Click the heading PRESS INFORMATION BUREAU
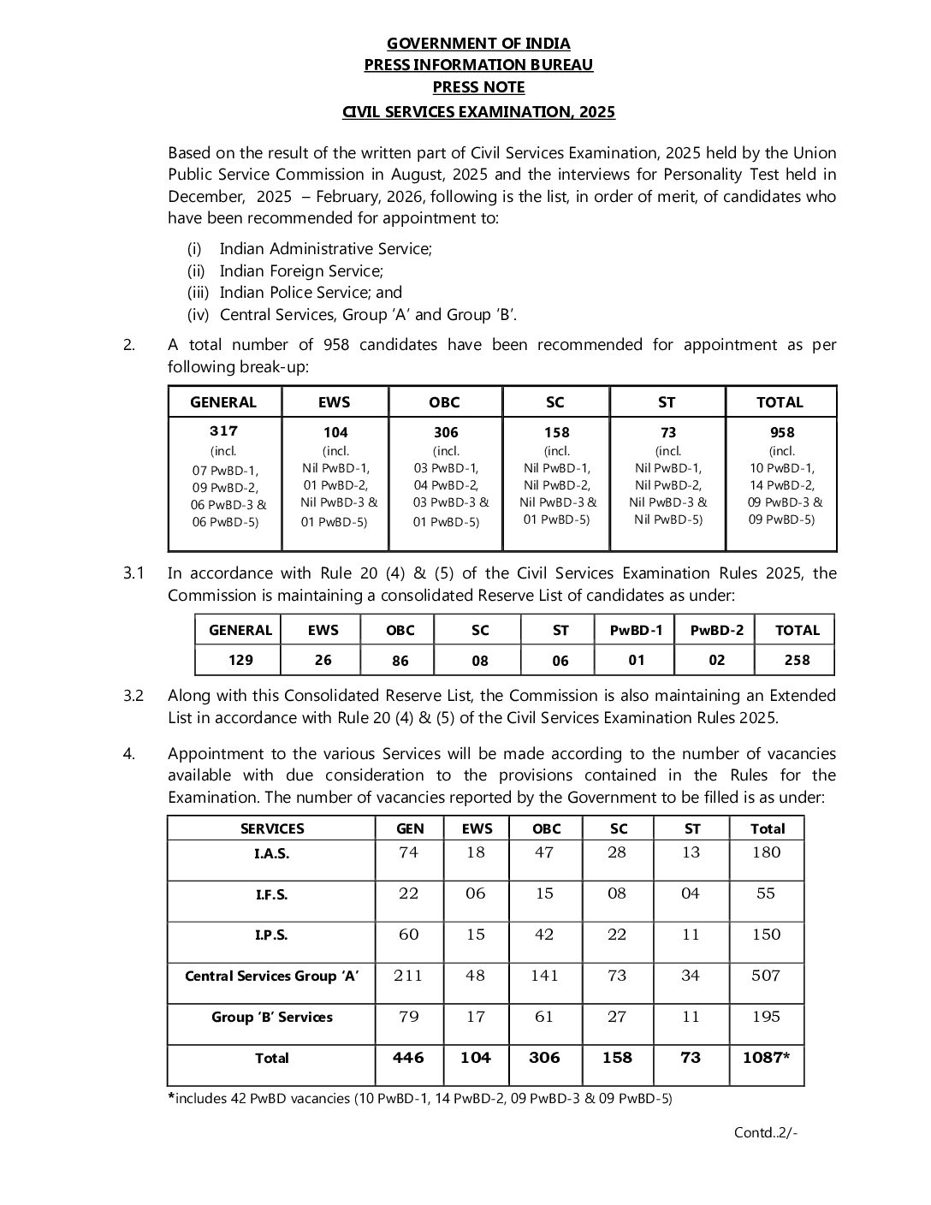pyautogui.click(x=478, y=65)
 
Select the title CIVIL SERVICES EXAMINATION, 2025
pyautogui.click(x=478, y=112)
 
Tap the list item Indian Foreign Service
pyautogui.click(x=300, y=270)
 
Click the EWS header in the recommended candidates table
pyautogui.click(x=335, y=402)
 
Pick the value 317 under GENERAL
pyautogui.click(x=224, y=431)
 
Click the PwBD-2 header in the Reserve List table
pyautogui.click(x=716, y=631)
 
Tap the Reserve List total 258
pyautogui.click(x=797, y=660)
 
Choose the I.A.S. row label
pyautogui.click(x=271, y=854)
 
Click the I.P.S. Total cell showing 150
pyautogui.click(x=766, y=935)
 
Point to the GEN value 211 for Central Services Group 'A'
pyautogui.click(x=408, y=976)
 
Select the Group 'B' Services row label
pyautogui.click(x=271, y=1018)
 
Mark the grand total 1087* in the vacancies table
pyautogui.click(x=766, y=1058)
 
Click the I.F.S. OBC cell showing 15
pyautogui.click(x=544, y=893)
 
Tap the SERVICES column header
pyautogui.click(x=271, y=828)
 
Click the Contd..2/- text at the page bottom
pyautogui.click(x=765, y=1133)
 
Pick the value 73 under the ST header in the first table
pyautogui.click(x=667, y=432)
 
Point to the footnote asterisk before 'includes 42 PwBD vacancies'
pyautogui.click(x=171, y=1097)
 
